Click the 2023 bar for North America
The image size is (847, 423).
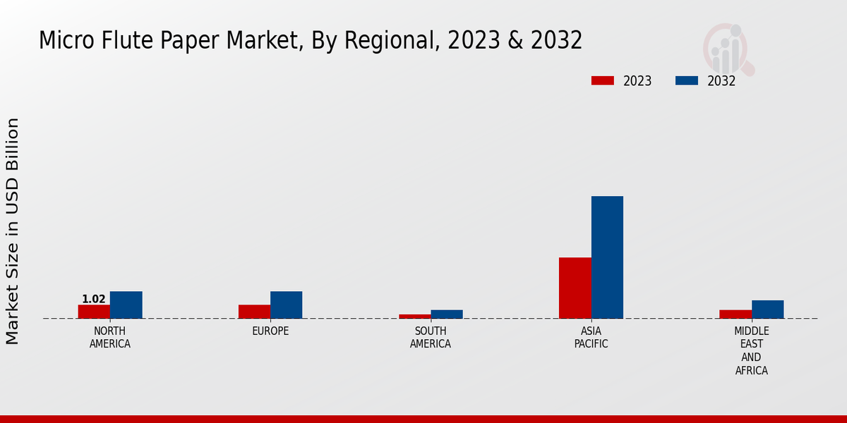pos(94,312)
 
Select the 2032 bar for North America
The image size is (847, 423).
pos(126,305)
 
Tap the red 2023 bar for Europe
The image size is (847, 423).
pos(254,312)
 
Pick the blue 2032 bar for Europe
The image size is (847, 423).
pos(286,305)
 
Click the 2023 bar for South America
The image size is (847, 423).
pos(414,316)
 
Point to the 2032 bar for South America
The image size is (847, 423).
pos(446,314)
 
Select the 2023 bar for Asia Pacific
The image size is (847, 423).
pos(575,288)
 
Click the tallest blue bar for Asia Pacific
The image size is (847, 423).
pos(607,257)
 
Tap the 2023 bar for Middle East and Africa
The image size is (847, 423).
pos(735,314)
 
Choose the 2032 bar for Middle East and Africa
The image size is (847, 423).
pos(767,309)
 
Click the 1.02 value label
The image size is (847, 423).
pos(93,299)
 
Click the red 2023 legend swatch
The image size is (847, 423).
pos(603,81)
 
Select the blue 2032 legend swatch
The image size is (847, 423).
pos(686,81)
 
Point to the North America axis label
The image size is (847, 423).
pos(109,338)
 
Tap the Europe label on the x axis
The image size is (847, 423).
pos(270,331)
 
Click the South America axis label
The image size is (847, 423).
pos(431,338)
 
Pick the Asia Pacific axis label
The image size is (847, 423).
pos(591,338)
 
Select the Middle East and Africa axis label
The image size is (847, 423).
pos(751,350)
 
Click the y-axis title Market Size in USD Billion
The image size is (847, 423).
pos(13,231)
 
